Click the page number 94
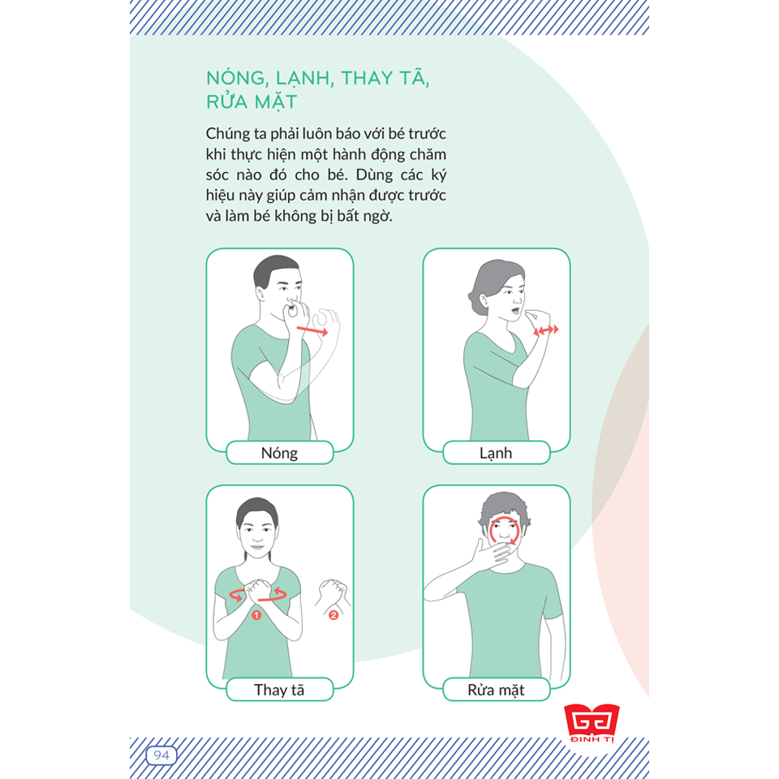(x=161, y=755)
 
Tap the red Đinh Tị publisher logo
(x=592, y=723)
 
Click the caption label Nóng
(x=279, y=453)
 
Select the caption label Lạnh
(x=496, y=453)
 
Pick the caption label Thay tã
(x=279, y=690)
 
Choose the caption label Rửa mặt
(x=496, y=690)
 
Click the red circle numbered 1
(x=256, y=615)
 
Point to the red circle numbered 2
(x=334, y=615)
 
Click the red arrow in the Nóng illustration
(x=312, y=331)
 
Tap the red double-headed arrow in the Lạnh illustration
(x=546, y=330)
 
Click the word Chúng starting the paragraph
(x=228, y=134)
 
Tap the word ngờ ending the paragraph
(x=380, y=217)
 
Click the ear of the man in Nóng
(x=260, y=293)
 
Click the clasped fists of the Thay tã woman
(x=257, y=590)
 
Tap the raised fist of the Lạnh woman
(x=538, y=318)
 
